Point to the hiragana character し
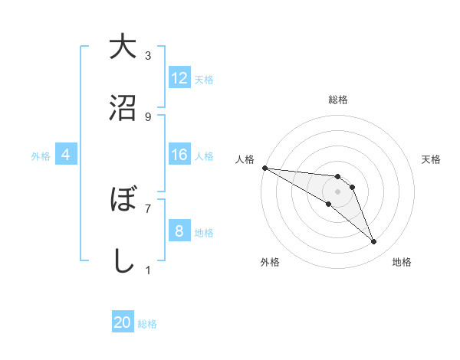pos(122,261)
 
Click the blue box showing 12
pos(179,78)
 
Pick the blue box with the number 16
pos(179,155)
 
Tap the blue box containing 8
pos(179,231)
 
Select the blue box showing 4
pos(65,155)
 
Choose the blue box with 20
pos(123,322)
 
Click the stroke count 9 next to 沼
pos(148,117)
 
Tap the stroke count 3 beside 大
pos(148,55)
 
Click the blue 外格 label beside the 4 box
pos(41,156)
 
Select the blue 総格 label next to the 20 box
pos(147,324)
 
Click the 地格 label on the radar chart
pos(402,262)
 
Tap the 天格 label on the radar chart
pos(432,159)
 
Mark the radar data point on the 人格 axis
pos(264,167)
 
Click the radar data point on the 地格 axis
pos(373,242)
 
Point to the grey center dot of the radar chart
pos(337,191)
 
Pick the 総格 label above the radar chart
pos(337,100)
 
